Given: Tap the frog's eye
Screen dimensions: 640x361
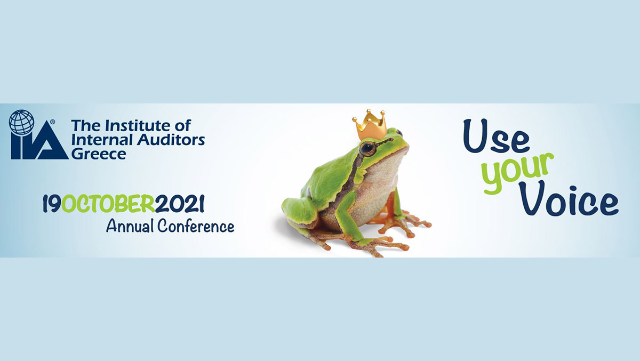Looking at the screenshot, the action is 367,148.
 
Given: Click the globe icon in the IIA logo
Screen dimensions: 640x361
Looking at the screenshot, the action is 22,122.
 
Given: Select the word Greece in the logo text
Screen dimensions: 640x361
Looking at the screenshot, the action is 99,154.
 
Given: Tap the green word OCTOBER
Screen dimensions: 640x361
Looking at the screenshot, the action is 108,204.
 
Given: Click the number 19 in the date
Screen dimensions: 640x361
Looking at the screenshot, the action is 52,204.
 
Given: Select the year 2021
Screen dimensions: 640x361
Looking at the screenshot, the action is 180,204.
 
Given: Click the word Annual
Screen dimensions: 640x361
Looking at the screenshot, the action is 130,227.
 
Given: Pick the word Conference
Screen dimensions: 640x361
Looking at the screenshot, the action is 196,226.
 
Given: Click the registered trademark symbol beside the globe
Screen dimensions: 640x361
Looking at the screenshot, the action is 53,122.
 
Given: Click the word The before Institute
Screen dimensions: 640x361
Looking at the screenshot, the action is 87,126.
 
